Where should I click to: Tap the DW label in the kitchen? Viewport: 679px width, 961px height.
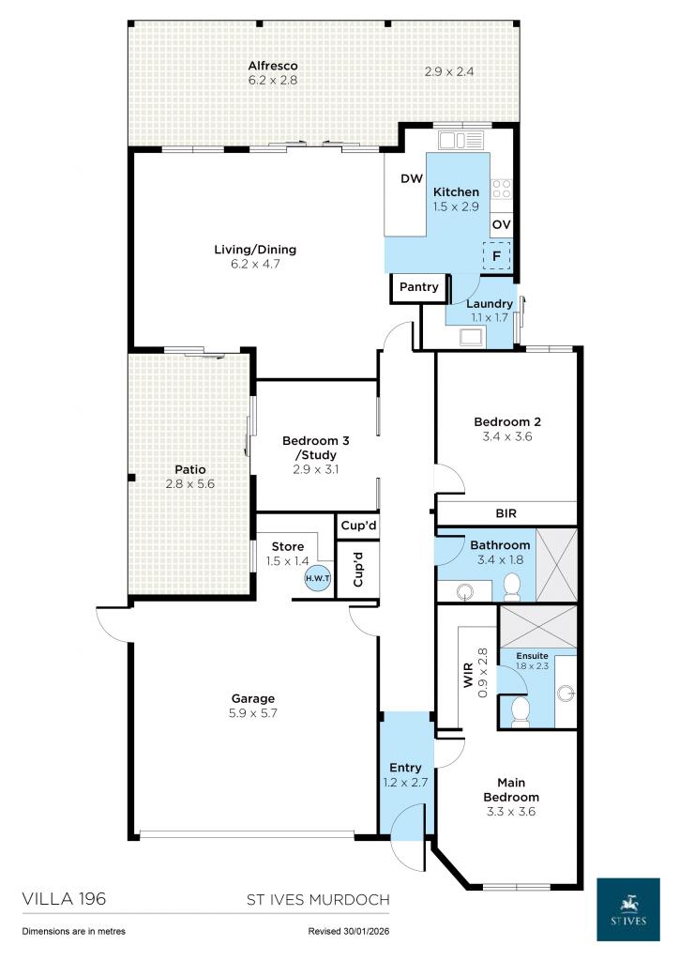click(x=411, y=179)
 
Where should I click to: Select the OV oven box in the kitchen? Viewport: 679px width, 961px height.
click(x=502, y=224)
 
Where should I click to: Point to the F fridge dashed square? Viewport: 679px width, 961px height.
click(x=496, y=254)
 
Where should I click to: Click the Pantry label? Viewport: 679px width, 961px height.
click(x=419, y=287)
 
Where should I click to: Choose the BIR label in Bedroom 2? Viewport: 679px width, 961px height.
click(x=506, y=513)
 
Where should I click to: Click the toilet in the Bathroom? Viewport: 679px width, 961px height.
click(x=512, y=587)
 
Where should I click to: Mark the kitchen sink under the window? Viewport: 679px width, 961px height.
click(x=461, y=141)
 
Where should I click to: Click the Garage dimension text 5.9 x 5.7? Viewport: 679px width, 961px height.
click(x=253, y=713)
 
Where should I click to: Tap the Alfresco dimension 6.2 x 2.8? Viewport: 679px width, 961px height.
click(x=272, y=81)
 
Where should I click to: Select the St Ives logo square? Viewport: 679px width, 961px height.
click(x=628, y=908)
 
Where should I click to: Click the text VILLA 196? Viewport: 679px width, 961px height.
click(x=64, y=899)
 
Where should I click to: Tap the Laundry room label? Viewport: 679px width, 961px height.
click(x=490, y=303)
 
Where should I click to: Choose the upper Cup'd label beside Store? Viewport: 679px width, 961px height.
click(x=357, y=526)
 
